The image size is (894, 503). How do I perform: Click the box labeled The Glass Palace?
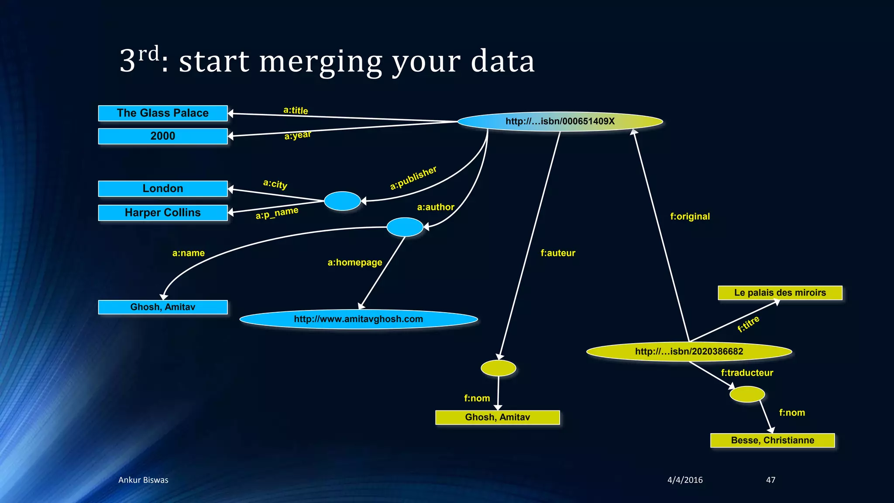163,113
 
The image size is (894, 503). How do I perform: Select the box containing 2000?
163,136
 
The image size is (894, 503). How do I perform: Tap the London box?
163,189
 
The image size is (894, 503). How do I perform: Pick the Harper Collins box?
163,213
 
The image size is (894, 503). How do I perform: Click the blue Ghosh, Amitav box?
163,307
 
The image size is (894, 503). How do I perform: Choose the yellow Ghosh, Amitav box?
497,417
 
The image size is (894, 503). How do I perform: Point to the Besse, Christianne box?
772,440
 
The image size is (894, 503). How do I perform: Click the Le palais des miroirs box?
780,293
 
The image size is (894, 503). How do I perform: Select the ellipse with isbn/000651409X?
560,121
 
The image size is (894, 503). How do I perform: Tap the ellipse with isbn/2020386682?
689,351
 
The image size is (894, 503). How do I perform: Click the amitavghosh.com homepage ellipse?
358,319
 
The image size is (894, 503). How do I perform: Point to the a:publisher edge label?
413,178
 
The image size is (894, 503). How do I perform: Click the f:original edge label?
690,217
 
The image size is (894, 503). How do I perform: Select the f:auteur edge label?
558,253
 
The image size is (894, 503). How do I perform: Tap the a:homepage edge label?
355,262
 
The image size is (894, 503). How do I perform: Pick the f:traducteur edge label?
747,373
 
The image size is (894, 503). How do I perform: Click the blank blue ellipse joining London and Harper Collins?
342,201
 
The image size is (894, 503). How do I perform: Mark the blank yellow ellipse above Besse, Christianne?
747,394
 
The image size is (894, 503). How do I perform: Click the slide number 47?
770,480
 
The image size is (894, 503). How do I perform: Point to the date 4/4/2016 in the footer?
685,480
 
